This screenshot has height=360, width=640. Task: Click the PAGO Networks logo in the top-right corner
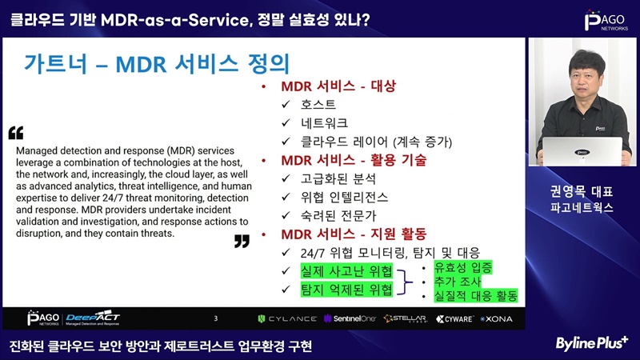[x=606, y=21]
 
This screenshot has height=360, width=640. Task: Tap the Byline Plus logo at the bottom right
[x=591, y=343]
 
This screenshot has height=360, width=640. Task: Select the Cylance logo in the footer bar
[x=287, y=318]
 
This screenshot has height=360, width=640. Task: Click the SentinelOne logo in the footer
[x=350, y=318]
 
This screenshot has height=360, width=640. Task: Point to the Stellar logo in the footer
[x=406, y=318]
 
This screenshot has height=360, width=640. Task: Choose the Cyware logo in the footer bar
[x=454, y=318]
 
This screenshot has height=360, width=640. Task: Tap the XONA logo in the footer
[x=496, y=318]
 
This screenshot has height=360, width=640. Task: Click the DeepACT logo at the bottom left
[x=93, y=318]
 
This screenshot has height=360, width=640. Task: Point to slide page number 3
[x=216, y=318]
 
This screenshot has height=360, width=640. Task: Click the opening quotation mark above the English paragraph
[x=16, y=133]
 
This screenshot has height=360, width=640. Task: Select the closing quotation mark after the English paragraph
[x=242, y=242]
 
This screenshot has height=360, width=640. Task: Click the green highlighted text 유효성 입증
[x=463, y=267]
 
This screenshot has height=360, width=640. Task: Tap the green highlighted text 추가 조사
[x=458, y=282]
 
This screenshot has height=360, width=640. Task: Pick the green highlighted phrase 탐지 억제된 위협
[x=346, y=290]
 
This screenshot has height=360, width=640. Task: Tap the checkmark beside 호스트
[x=286, y=105]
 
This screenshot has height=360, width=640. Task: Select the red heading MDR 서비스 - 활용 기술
[x=354, y=160]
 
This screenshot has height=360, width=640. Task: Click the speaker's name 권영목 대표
[x=582, y=191]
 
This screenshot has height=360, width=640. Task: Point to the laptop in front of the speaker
[x=582, y=151]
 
